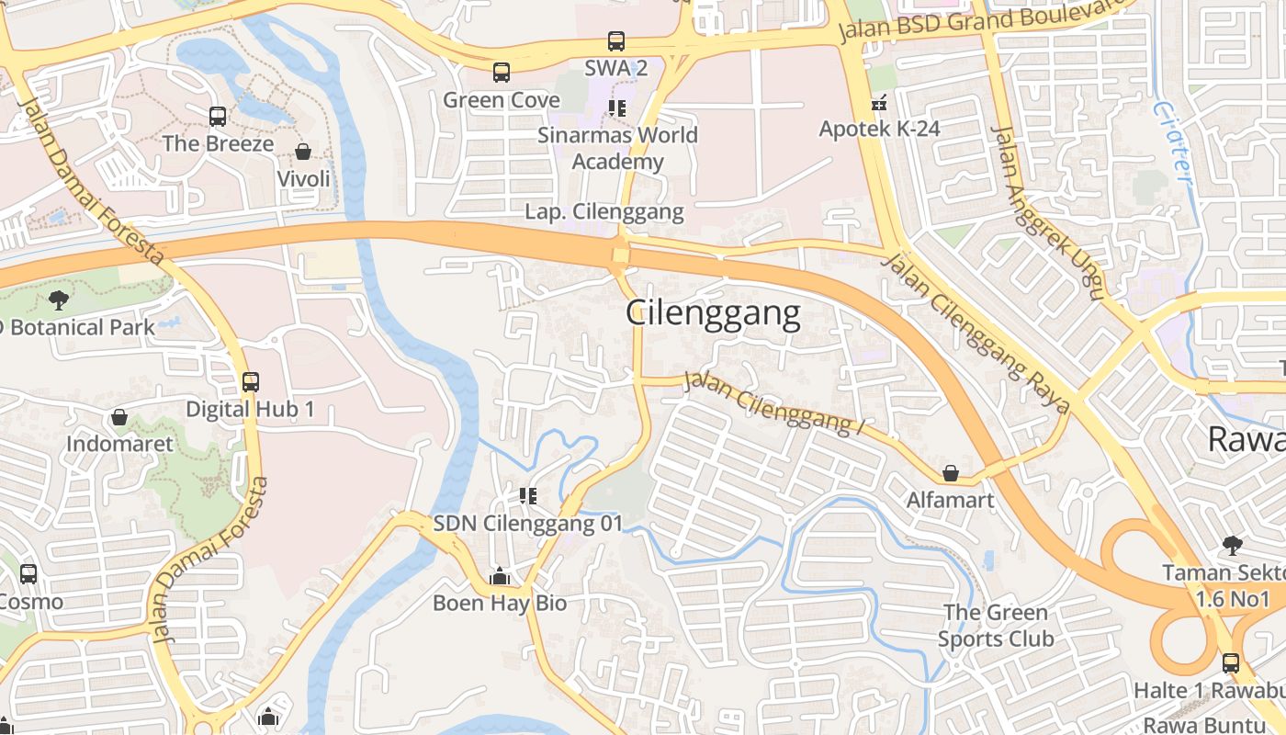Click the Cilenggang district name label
click(x=713, y=314)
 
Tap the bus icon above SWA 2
click(x=615, y=41)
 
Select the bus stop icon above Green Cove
click(x=501, y=73)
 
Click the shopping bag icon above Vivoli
click(x=303, y=152)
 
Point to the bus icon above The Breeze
click(x=218, y=117)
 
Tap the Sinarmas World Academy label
click(x=617, y=148)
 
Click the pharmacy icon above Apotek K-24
click(x=879, y=102)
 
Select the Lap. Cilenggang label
click(x=604, y=212)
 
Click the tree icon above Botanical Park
click(x=59, y=300)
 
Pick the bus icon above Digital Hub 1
click(x=250, y=381)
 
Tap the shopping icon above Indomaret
click(x=119, y=417)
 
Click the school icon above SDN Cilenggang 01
click(x=527, y=496)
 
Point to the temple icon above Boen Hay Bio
click(x=500, y=577)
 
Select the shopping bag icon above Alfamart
click(x=951, y=473)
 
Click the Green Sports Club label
click(x=995, y=626)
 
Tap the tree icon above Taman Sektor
click(x=1232, y=546)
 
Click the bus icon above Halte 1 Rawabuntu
click(x=1230, y=662)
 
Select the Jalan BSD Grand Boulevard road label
click(x=983, y=22)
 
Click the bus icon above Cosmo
click(x=28, y=574)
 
